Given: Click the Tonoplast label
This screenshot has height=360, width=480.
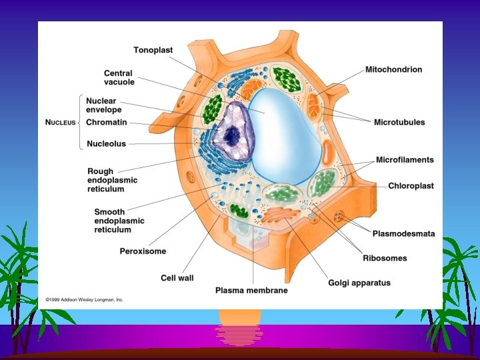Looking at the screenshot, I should (154, 50).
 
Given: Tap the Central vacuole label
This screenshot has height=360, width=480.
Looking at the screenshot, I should (119, 78).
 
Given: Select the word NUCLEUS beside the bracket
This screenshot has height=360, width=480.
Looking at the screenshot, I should (60, 123).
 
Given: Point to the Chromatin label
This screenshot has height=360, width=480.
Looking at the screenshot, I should (107, 123).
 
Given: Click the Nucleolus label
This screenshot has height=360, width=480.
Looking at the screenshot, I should (106, 144).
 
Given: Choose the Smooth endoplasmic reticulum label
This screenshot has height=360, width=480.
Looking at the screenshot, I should (119, 221).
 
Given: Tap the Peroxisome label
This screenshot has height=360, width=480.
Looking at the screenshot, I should (143, 251).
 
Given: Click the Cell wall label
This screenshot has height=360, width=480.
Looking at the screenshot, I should (177, 277).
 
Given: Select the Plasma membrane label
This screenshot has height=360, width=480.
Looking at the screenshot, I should (251, 290).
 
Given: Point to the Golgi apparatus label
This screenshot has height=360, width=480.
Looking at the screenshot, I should (359, 283).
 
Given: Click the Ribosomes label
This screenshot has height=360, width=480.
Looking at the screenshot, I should (385, 258).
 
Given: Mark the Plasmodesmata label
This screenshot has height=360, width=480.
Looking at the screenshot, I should (403, 234).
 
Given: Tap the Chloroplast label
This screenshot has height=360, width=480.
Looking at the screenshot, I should (411, 186).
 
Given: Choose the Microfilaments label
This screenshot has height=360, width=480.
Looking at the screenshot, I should (405, 160).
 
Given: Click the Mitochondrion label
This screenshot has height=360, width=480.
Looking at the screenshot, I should (393, 69).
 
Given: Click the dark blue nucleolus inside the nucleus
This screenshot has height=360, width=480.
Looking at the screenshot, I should (231, 136).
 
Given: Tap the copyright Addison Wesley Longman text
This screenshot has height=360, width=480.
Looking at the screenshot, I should (85, 300).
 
